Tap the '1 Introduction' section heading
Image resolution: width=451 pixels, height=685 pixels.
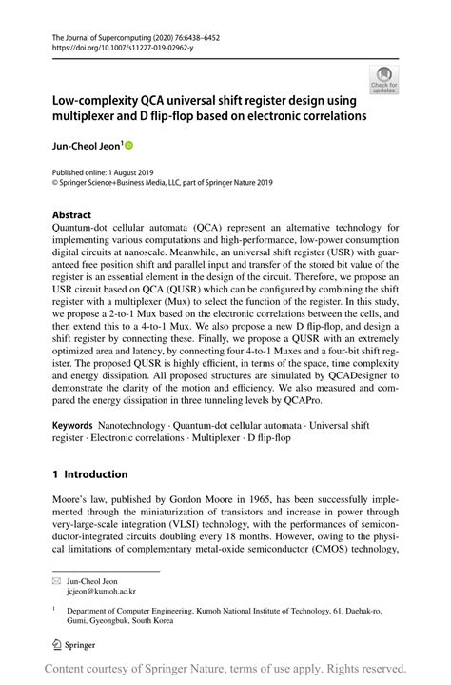pos(89,473)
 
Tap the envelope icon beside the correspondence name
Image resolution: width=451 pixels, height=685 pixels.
pos(57,578)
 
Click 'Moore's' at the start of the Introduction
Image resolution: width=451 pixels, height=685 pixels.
pos(71,502)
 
